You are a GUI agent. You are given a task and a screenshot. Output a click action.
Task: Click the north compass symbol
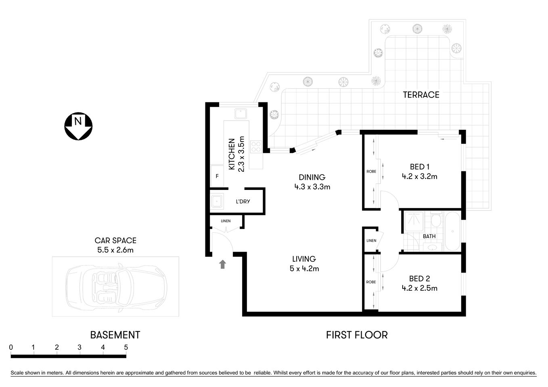[x=78, y=126]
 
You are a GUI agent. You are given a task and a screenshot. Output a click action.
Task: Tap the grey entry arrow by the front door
[x=222, y=264]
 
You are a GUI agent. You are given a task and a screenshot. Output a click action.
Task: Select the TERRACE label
[x=421, y=95]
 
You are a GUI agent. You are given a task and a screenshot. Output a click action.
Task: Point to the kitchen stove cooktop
[x=256, y=146]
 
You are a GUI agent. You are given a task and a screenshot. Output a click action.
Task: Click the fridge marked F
[x=217, y=176]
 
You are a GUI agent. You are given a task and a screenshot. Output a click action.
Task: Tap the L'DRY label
[x=243, y=201]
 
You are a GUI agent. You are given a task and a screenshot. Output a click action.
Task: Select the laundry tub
[x=217, y=201]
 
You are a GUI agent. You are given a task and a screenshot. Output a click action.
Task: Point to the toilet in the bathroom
[x=435, y=221]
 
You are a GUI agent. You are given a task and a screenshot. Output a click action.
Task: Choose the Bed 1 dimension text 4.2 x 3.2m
[x=419, y=176]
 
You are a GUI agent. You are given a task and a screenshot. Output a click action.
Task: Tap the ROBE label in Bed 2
[x=371, y=282]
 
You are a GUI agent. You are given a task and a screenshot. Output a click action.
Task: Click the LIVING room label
[x=304, y=259]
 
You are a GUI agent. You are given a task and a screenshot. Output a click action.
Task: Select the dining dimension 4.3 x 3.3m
[x=312, y=187]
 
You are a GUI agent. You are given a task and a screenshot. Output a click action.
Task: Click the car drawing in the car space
[x=116, y=287]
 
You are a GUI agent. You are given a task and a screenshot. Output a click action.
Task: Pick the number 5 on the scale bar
[x=126, y=347]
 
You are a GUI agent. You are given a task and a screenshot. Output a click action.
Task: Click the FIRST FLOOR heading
[x=356, y=335]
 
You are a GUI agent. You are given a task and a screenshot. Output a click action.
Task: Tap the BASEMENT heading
[x=115, y=335]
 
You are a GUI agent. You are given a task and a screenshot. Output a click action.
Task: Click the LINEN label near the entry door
[x=226, y=221]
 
